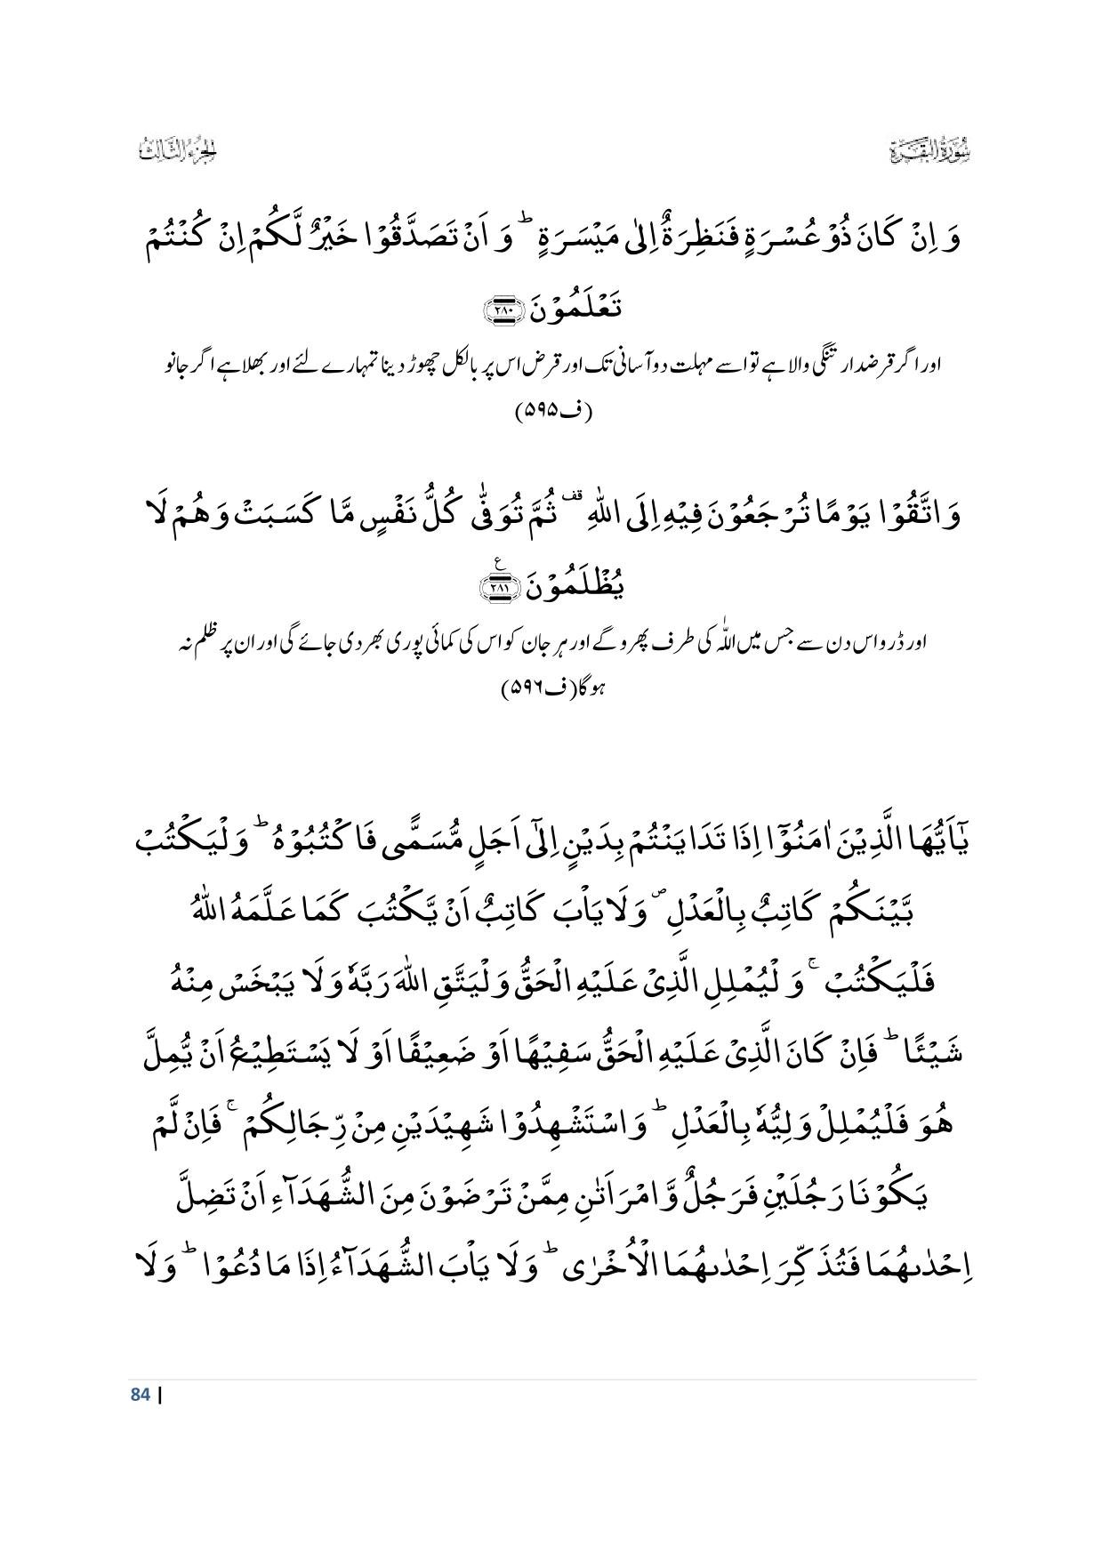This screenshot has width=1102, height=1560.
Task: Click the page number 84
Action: click(139, 1395)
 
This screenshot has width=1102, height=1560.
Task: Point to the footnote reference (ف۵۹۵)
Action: click(552, 412)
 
